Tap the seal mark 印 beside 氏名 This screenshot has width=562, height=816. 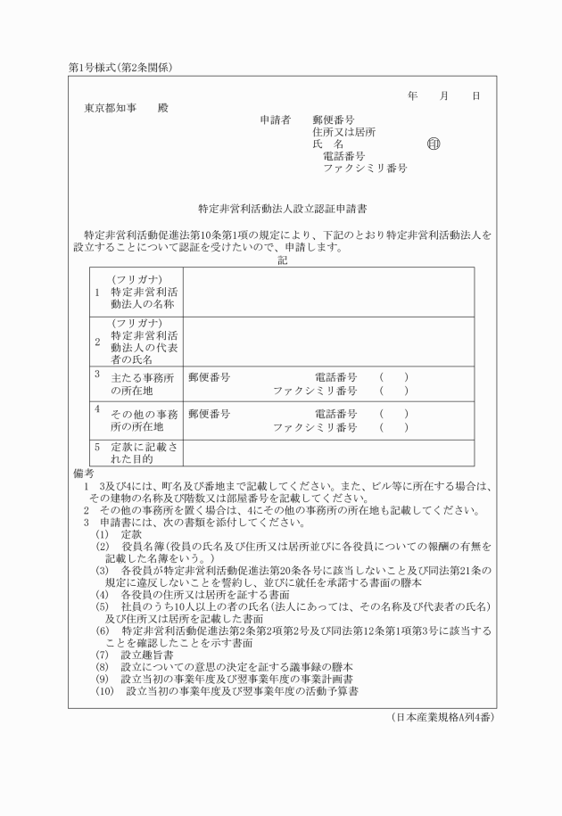coord(434,144)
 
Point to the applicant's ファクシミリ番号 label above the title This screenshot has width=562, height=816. coord(365,168)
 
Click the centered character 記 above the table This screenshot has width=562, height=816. coord(282,260)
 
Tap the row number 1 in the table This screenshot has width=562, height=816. coord(97,292)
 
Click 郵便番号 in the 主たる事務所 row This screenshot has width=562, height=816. coord(210,377)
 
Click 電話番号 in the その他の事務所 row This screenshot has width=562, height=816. coord(335,414)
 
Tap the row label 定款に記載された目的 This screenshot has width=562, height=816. coord(144,451)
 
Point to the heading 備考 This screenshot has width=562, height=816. coord(83,472)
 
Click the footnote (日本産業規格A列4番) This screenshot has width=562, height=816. coord(442,716)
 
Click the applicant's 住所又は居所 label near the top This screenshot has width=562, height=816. coord(343,131)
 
